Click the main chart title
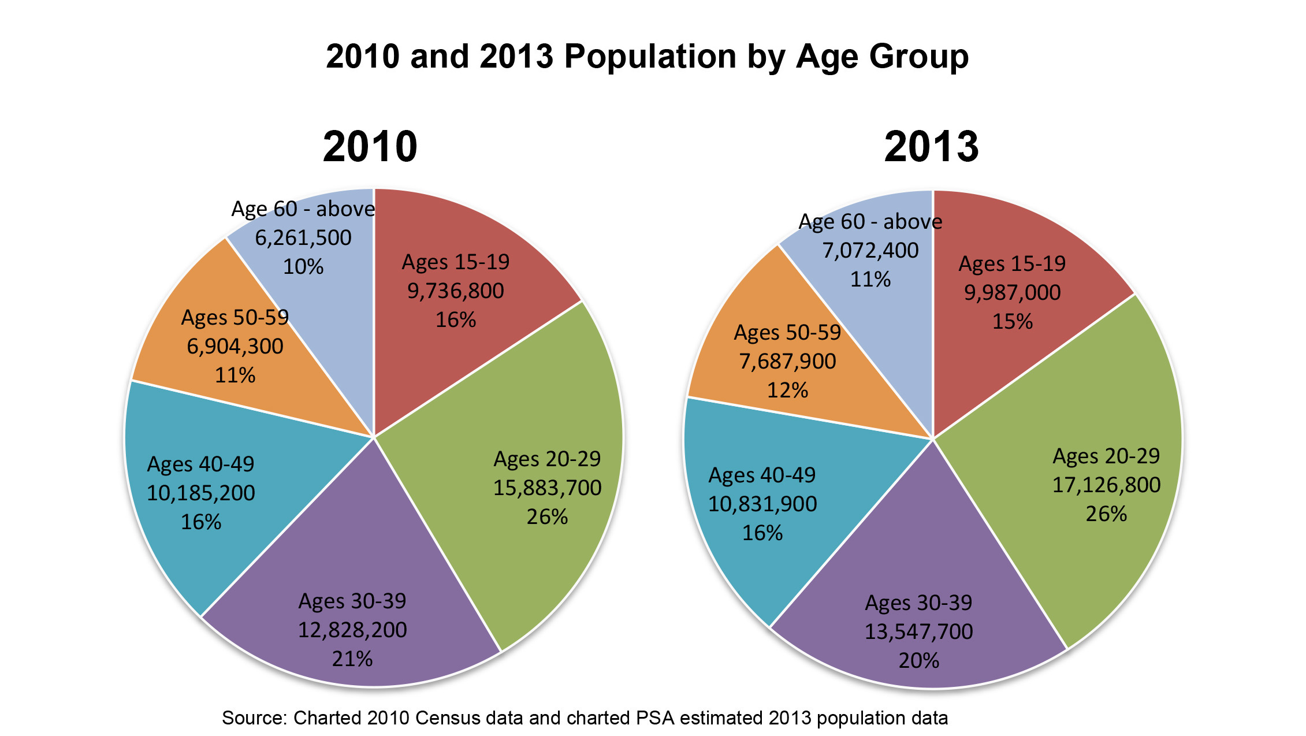point(647,57)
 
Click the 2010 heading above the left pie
point(370,147)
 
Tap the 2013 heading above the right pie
point(931,147)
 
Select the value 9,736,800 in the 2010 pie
point(456,291)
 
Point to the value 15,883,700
point(547,488)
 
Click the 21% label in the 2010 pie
point(352,659)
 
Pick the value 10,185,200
point(200,493)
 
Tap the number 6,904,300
point(235,346)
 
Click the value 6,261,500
point(303,237)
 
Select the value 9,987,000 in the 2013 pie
point(1012,292)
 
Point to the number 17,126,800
point(1106,485)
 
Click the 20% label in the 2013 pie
point(919,660)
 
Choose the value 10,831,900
point(762,504)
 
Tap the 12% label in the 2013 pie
point(787,390)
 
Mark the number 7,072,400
point(870,250)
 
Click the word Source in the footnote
point(254,718)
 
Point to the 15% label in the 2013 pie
point(1012,321)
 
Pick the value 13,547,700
point(919,631)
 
